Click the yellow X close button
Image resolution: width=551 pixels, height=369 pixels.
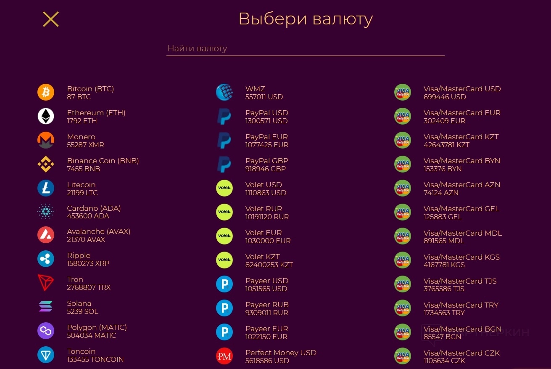click(x=51, y=19)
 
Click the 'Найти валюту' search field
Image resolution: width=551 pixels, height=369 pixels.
click(x=305, y=48)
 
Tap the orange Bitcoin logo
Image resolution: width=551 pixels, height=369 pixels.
click(x=46, y=92)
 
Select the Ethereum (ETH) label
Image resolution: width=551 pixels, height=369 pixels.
click(x=96, y=113)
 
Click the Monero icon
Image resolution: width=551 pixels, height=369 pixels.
click(x=46, y=140)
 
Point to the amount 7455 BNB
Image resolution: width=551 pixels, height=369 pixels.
click(x=83, y=169)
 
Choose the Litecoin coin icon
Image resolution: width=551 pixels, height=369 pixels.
click(x=46, y=188)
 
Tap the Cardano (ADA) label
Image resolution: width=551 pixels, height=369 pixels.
click(x=94, y=208)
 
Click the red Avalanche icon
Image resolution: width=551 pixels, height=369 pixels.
click(x=46, y=235)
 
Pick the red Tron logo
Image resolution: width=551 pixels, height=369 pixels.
click(x=46, y=283)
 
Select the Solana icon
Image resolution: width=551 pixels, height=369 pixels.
click(x=46, y=307)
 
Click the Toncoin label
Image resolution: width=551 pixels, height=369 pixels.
click(x=81, y=351)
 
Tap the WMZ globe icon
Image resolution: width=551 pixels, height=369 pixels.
click(x=224, y=92)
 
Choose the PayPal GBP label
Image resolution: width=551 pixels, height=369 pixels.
click(x=266, y=161)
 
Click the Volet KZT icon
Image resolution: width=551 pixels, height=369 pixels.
click(x=224, y=260)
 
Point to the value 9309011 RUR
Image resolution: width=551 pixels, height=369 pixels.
click(x=266, y=313)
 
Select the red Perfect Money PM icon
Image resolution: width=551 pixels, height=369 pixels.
click(x=224, y=356)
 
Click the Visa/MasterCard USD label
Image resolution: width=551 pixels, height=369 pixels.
click(x=462, y=89)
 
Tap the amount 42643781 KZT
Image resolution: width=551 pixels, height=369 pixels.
click(x=446, y=145)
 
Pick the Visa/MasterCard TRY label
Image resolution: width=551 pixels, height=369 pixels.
click(x=461, y=305)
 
